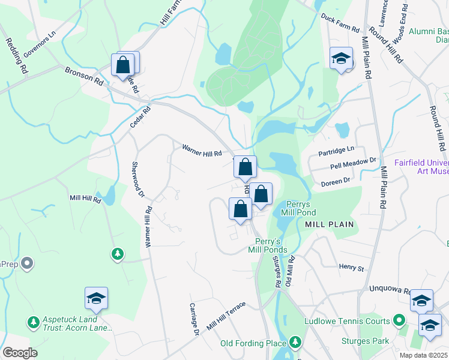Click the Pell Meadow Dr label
click(x=353, y=163)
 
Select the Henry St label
click(x=352, y=267)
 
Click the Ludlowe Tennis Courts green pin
click(x=398, y=321)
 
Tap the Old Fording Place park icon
click(x=295, y=343)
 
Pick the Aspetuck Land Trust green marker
click(x=34, y=323)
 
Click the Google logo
click(x=20, y=353)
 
